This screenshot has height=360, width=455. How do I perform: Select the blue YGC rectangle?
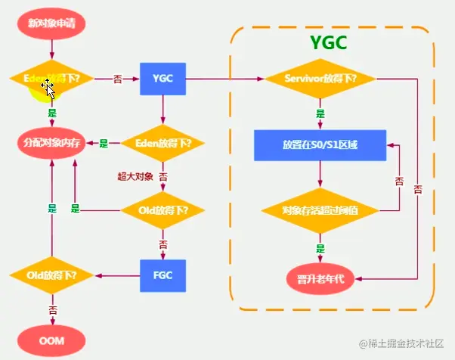pos(162,79)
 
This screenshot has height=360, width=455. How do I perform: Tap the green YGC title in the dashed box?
pos(329,43)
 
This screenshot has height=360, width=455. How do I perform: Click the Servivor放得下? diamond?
pos(320,79)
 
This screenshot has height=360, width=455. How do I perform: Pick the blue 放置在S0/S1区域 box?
pos(320,144)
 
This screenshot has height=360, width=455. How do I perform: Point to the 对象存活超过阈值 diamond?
pos(320,209)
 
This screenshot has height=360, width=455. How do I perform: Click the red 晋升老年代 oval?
pos(320,277)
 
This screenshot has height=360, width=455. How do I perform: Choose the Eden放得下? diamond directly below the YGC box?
pos(163,142)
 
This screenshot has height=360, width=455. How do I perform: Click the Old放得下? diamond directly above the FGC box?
pos(163,209)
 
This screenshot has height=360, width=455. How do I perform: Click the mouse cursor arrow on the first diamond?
pos(49,88)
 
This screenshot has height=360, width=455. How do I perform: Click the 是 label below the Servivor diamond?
pos(320,113)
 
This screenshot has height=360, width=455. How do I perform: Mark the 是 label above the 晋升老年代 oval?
pos(320,247)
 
